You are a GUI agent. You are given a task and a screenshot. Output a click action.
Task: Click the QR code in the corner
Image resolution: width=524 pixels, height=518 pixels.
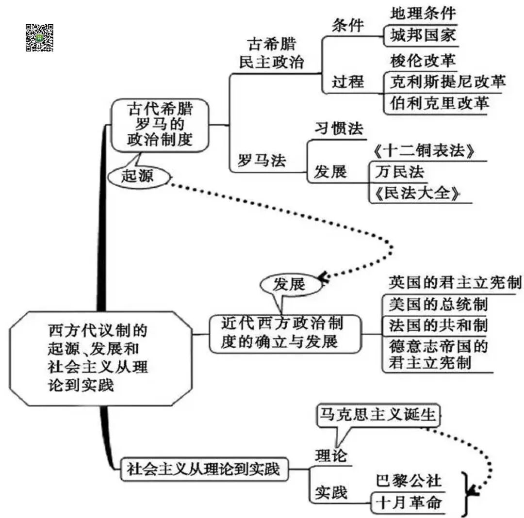click(39, 38)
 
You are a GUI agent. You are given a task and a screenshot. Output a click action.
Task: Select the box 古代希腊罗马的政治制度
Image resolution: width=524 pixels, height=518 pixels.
click(160, 125)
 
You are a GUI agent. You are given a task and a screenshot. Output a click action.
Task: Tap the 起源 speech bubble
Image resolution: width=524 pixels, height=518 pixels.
click(138, 177)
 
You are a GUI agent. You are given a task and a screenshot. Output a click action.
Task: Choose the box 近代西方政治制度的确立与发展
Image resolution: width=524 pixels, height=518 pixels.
click(285, 333)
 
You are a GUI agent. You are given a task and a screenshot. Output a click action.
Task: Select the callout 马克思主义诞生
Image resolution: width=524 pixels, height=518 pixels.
click(378, 415)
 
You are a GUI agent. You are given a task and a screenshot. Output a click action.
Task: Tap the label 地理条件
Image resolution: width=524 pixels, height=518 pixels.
click(423, 13)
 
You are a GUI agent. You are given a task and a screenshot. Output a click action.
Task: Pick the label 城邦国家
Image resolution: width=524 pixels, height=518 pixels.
click(423, 36)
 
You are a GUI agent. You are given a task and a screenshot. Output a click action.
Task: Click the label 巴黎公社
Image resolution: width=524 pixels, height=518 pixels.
click(409, 480)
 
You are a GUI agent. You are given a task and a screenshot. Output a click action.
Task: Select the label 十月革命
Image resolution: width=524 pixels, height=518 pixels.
click(409, 502)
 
